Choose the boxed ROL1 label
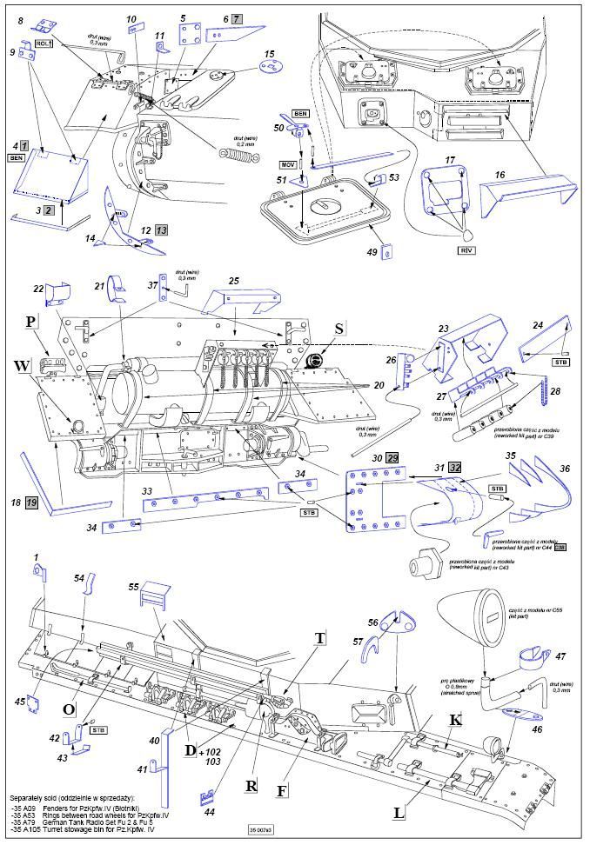[44, 43]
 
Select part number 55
[133, 587]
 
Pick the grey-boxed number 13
[161, 230]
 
